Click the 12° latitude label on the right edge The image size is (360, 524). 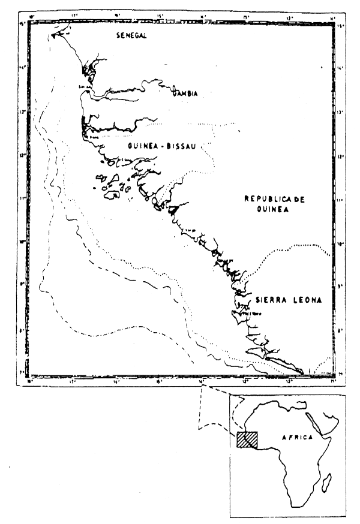click(x=339, y=156)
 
